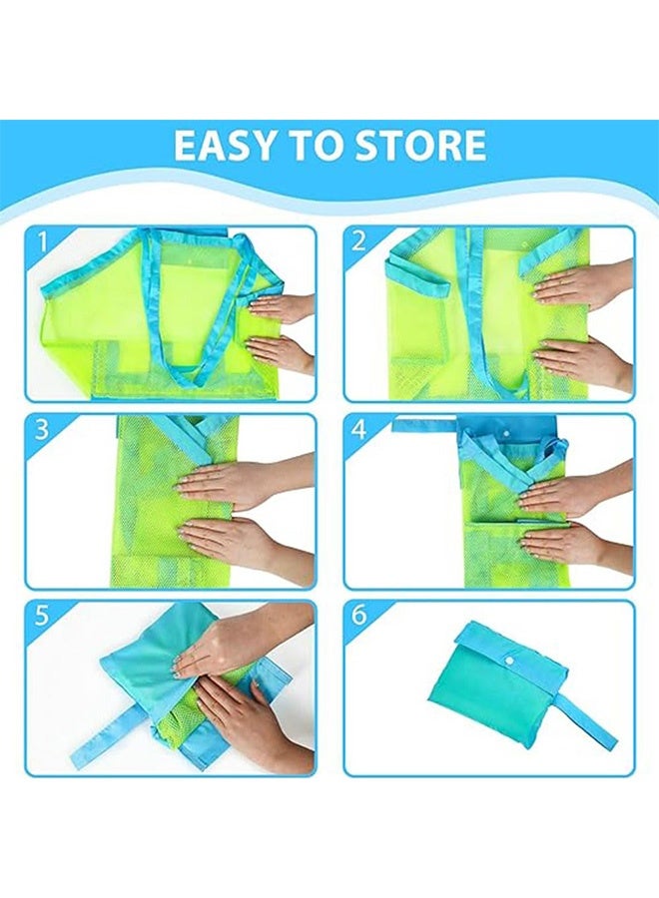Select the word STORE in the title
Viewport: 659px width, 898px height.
pyautogui.click(x=419, y=146)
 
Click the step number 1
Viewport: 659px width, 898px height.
pyautogui.click(x=42, y=241)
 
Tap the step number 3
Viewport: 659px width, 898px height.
pyautogui.click(x=42, y=430)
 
